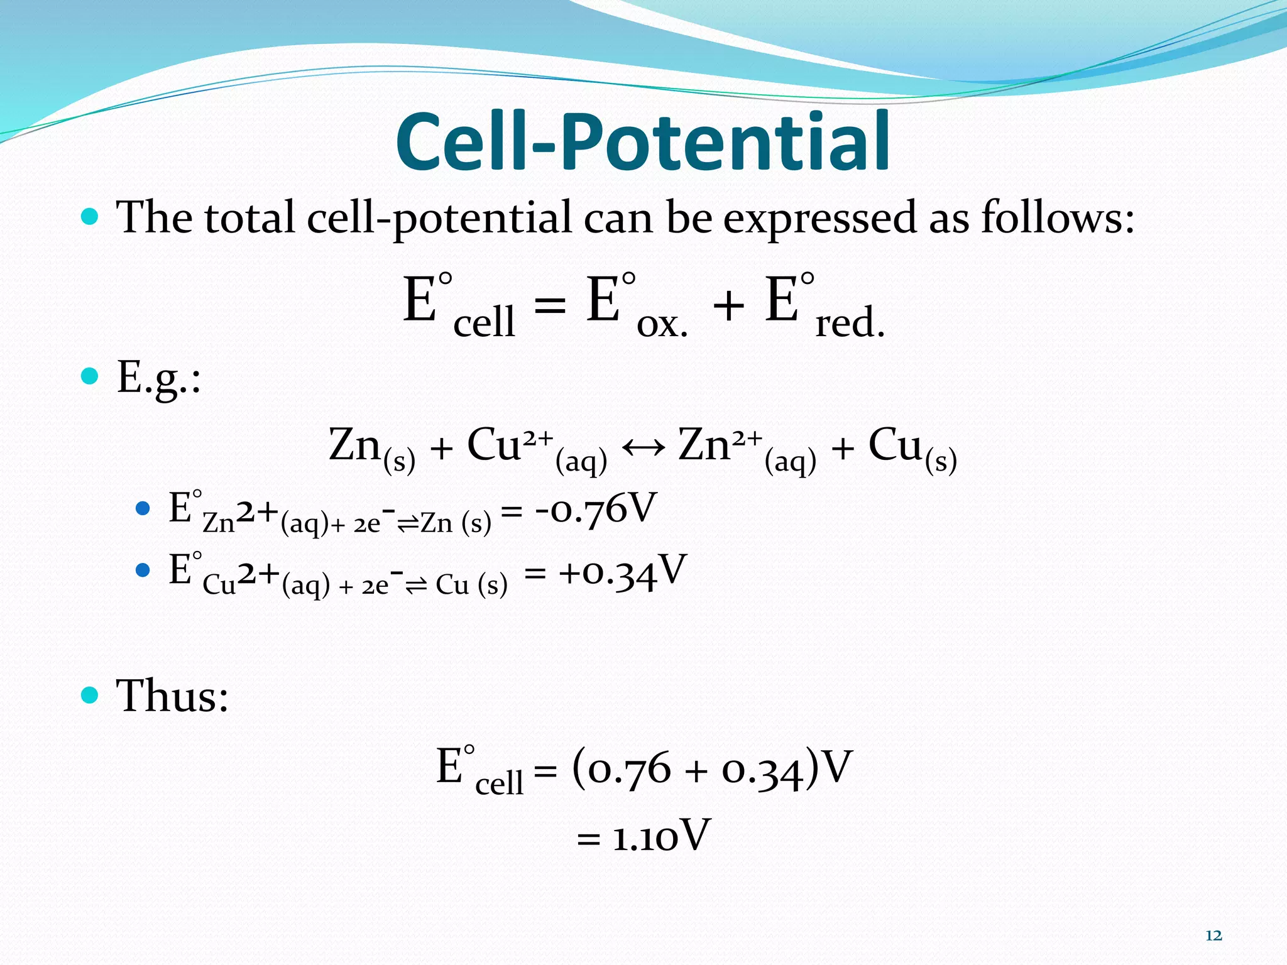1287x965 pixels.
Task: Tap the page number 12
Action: point(1213,935)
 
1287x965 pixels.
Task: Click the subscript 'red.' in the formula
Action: point(850,323)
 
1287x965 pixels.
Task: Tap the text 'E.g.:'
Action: point(159,378)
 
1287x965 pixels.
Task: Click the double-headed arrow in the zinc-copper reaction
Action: point(643,448)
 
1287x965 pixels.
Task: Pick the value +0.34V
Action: point(622,572)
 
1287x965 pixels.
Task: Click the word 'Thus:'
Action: point(172,696)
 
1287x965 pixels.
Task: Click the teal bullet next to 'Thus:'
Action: point(90,695)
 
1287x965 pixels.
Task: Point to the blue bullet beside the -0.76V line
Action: point(143,508)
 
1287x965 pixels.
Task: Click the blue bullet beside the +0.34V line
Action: point(143,570)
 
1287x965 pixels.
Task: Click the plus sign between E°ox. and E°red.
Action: point(728,307)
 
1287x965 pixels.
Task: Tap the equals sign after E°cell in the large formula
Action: point(550,307)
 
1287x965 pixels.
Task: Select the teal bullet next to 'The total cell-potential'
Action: point(90,217)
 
